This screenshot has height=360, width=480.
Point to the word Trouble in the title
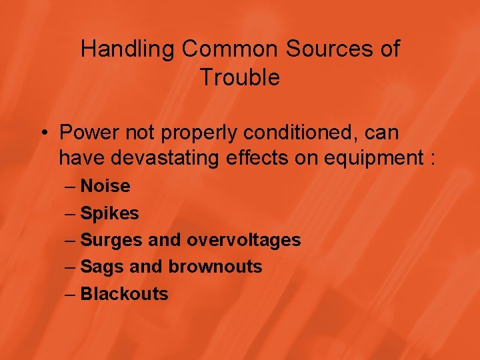[x=240, y=78]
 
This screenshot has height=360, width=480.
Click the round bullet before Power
[x=43, y=133]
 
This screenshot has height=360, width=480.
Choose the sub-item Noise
[x=105, y=186]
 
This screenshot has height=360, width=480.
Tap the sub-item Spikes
[x=109, y=213]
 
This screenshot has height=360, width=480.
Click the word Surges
[x=110, y=240]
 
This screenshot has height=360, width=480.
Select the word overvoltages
[x=244, y=240]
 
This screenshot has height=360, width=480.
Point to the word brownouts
[x=215, y=267]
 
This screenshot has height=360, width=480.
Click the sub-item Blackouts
[x=124, y=293]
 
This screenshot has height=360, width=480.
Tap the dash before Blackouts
[x=71, y=293]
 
